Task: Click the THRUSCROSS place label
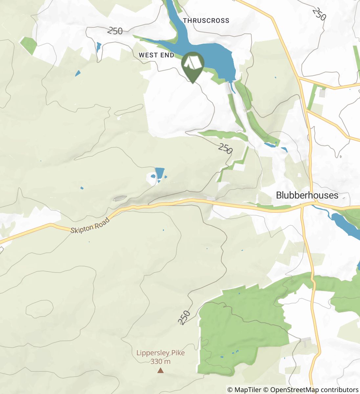click(x=206, y=21)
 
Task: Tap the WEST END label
click(x=156, y=55)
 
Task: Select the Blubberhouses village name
click(x=307, y=195)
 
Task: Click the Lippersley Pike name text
click(x=160, y=353)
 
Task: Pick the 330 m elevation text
click(x=160, y=361)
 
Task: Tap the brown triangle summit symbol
click(x=160, y=371)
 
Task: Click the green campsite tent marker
click(x=193, y=64)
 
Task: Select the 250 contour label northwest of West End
click(x=115, y=31)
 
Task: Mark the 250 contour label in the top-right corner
click(x=319, y=14)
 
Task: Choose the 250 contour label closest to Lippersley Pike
click(x=184, y=317)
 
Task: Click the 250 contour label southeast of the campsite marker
click(x=225, y=149)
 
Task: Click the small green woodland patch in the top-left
click(x=28, y=45)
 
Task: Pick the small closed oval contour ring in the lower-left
click(x=39, y=309)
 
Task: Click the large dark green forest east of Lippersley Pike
click(x=236, y=332)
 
